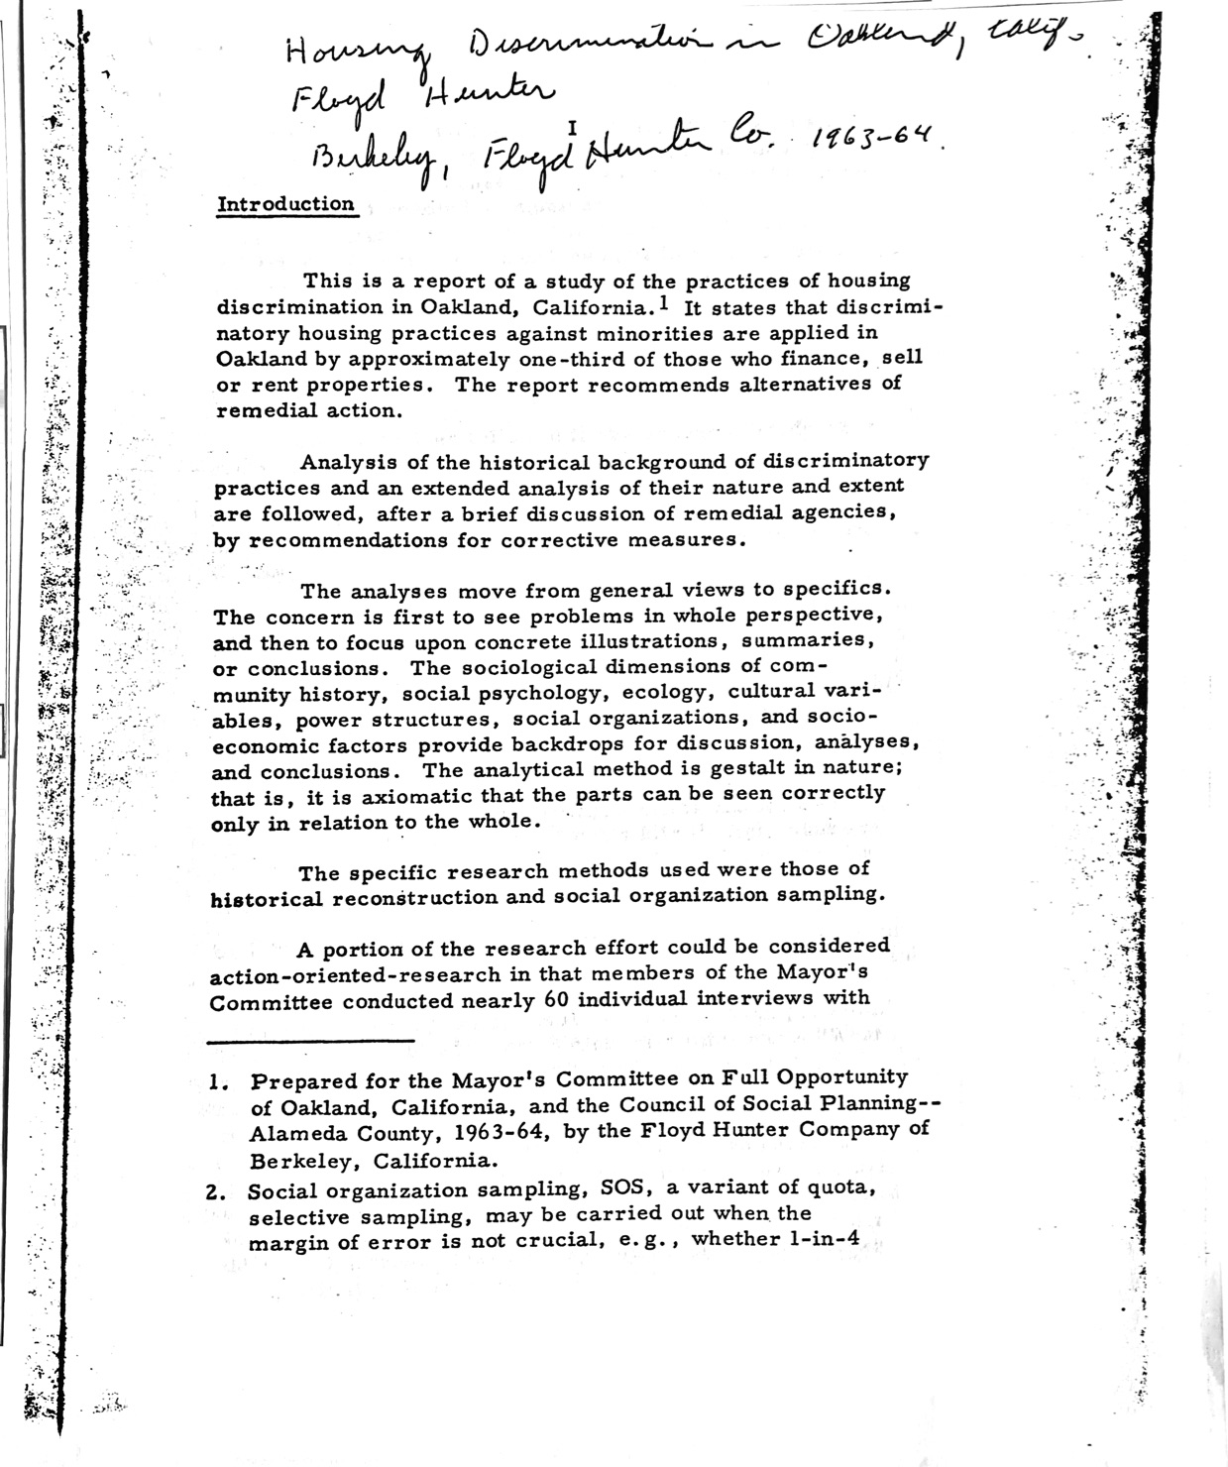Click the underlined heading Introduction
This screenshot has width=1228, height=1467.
285,204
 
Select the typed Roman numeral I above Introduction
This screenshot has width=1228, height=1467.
572,126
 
